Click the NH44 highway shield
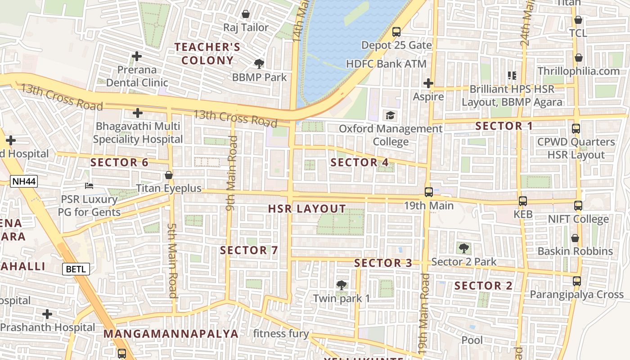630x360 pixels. (24, 182)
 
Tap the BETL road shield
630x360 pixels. (76, 269)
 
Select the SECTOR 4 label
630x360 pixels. (360, 162)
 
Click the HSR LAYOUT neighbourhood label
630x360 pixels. (307, 209)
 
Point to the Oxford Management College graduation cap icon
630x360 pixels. (390, 116)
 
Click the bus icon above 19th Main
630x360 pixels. (428, 192)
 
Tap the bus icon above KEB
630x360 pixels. (522, 201)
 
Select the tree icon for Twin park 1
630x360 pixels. (342, 285)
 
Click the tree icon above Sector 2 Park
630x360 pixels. (463, 248)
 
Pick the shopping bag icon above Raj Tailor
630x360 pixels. (246, 14)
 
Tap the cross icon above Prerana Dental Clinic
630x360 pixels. (137, 57)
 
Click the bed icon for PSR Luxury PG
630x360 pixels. (89, 185)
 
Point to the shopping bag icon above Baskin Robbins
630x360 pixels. (575, 238)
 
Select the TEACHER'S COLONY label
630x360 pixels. (207, 54)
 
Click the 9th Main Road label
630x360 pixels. (232, 173)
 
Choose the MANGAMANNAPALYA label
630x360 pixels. (171, 334)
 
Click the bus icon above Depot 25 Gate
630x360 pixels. (396, 32)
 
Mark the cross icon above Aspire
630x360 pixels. (428, 83)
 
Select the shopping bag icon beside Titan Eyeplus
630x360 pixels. (169, 175)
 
